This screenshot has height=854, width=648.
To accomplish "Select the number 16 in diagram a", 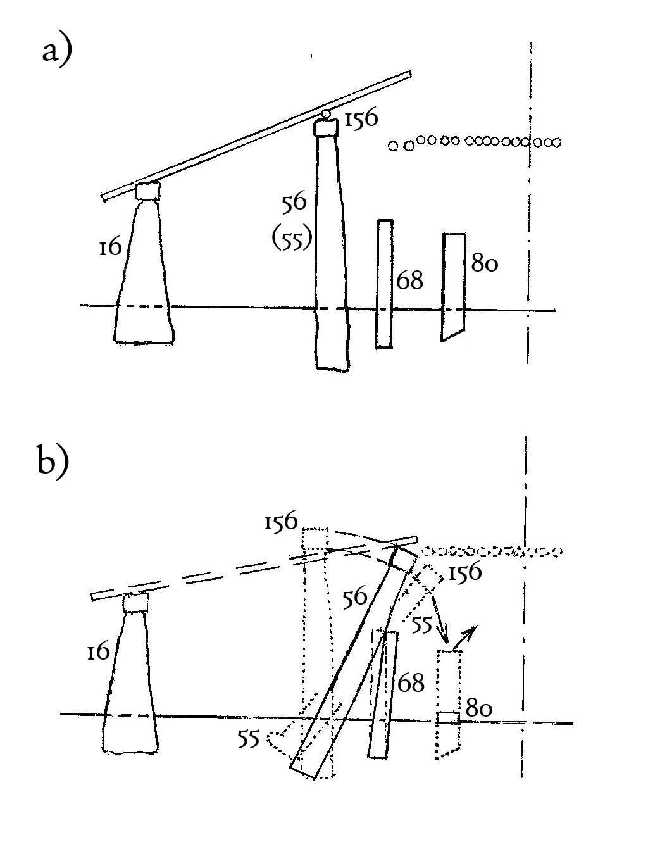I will click(x=110, y=248).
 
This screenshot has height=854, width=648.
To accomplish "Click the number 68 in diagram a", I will click(x=409, y=280).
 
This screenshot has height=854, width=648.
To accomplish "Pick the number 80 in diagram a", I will click(x=484, y=261).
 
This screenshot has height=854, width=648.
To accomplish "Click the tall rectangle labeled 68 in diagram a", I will click(x=385, y=283).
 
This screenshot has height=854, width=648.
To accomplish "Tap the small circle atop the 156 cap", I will click(x=326, y=113).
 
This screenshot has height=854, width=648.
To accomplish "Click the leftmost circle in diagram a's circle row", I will click(x=393, y=146).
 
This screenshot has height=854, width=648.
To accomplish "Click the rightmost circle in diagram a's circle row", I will click(x=556, y=142).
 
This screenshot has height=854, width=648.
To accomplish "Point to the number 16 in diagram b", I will click(x=99, y=651).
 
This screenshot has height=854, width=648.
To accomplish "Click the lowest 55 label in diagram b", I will click(x=249, y=738).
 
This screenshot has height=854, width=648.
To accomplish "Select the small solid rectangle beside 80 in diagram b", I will click(x=448, y=718).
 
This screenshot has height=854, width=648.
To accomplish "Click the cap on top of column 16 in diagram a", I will click(x=147, y=191).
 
